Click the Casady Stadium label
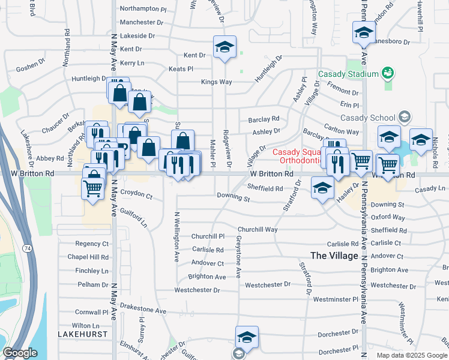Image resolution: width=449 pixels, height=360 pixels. pos(348,74)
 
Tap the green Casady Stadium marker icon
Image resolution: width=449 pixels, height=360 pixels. pos(388,73)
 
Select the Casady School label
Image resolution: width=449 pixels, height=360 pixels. pos(367,118)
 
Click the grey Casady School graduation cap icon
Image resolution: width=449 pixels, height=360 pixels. pos(405,117)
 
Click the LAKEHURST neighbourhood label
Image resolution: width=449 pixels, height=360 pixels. pos(82,334)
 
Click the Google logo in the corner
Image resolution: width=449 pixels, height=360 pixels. pos(20,353)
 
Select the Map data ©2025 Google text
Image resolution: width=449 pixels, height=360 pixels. pos(411,355)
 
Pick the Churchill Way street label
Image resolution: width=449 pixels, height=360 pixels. pos(258,229)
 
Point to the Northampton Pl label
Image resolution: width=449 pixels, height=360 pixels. pos(143,9)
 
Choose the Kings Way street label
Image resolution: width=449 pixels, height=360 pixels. pos(216,82)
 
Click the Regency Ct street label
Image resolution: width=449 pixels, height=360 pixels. pos(92,244)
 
